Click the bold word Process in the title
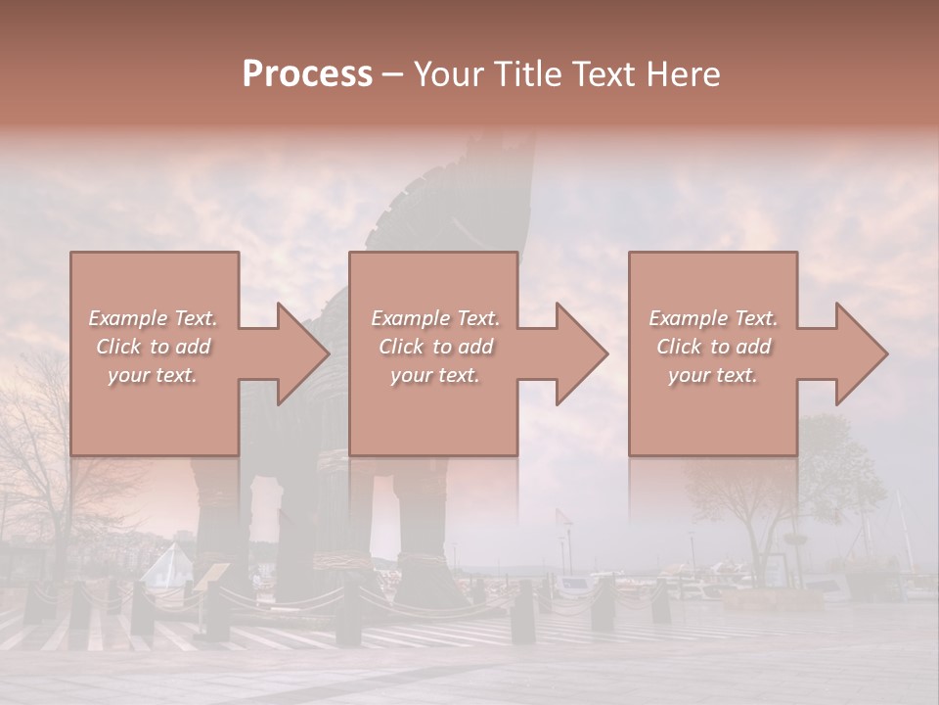tap(307, 74)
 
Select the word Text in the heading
tap(603, 74)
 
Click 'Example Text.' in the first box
tap(153, 318)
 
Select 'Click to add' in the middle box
tap(435, 347)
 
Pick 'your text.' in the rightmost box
tap(713, 375)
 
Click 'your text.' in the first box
tap(153, 375)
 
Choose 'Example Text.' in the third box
tap(713, 318)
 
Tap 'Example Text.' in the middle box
tap(435, 318)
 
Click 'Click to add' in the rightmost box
tap(713, 347)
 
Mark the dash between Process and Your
tap(392, 75)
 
